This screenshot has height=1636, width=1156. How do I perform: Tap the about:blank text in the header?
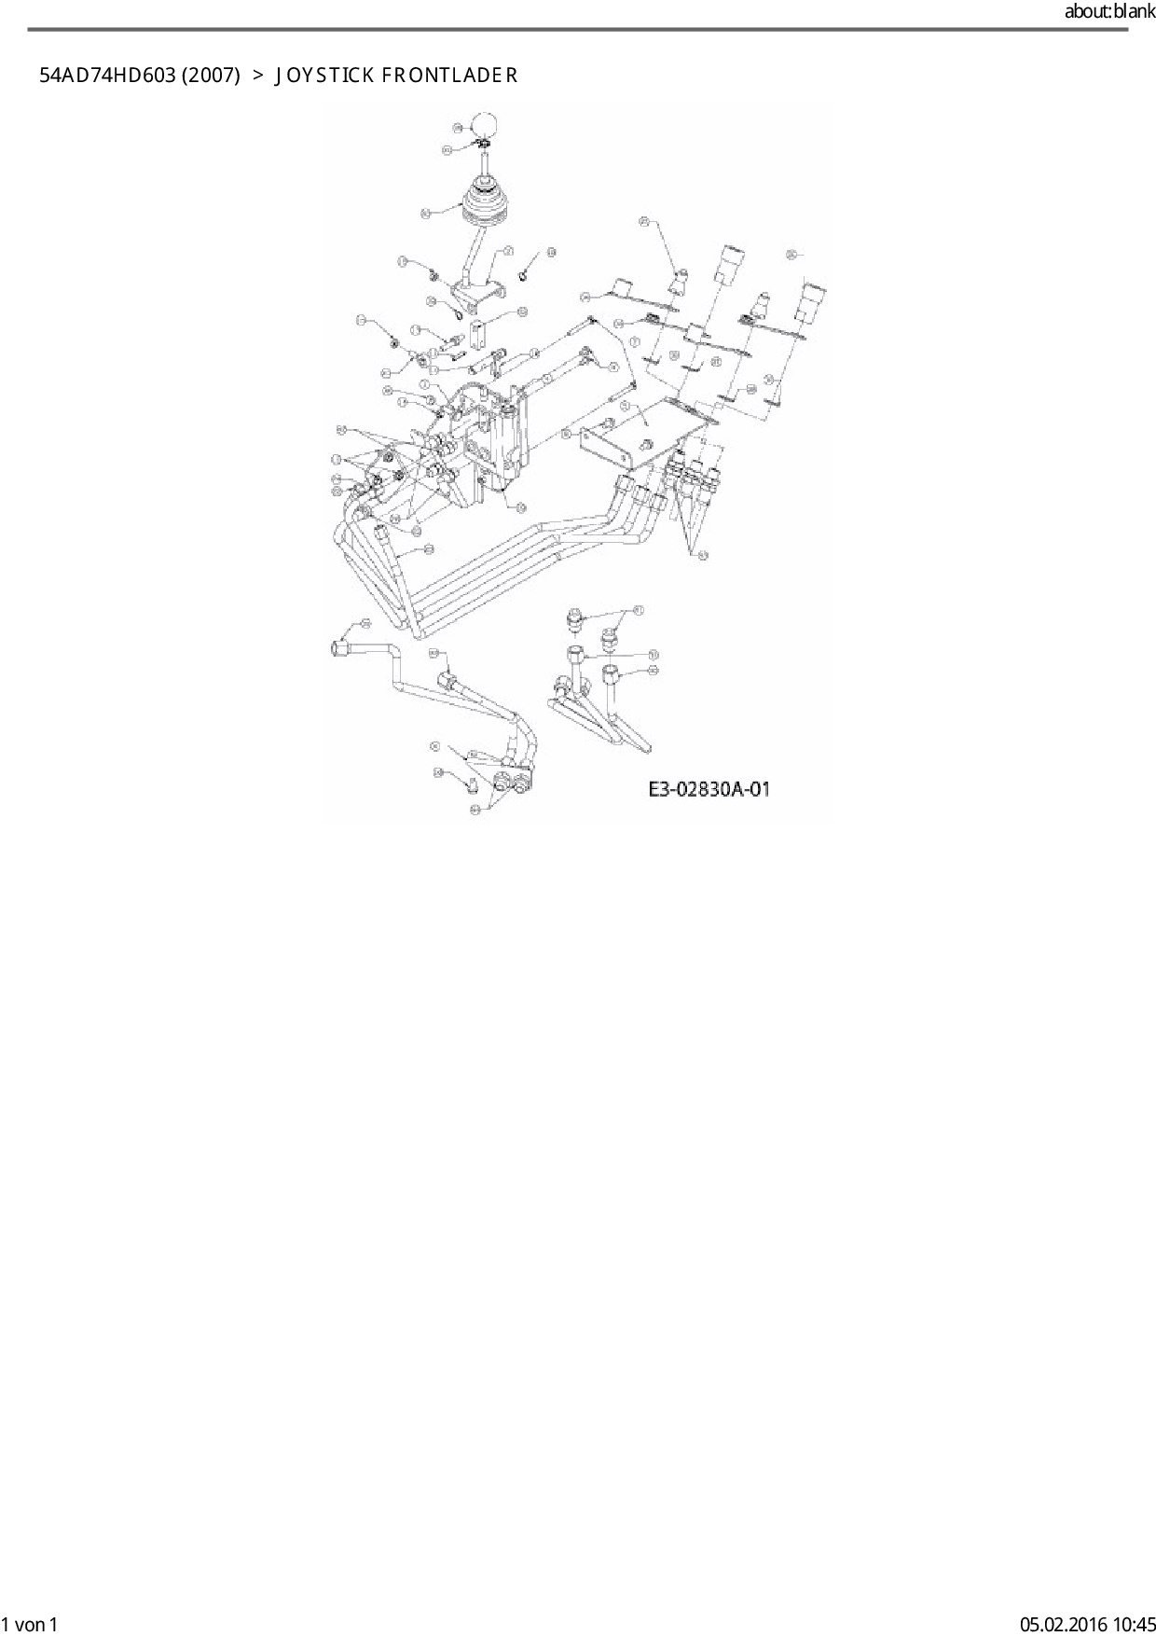(1109, 12)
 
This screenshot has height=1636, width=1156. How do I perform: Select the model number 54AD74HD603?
(107, 76)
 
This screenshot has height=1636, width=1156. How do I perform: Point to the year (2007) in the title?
(211, 76)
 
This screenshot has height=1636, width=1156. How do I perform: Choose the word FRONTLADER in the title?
(449, 76)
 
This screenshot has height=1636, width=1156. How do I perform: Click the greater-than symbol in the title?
(257, 76)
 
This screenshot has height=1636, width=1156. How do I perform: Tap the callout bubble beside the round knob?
(457, 127)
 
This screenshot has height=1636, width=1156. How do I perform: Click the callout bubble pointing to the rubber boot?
(426, 214)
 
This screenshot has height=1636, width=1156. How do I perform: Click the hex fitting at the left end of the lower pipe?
(342, 645)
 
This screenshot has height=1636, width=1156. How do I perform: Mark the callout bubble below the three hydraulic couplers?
(703, 555)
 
